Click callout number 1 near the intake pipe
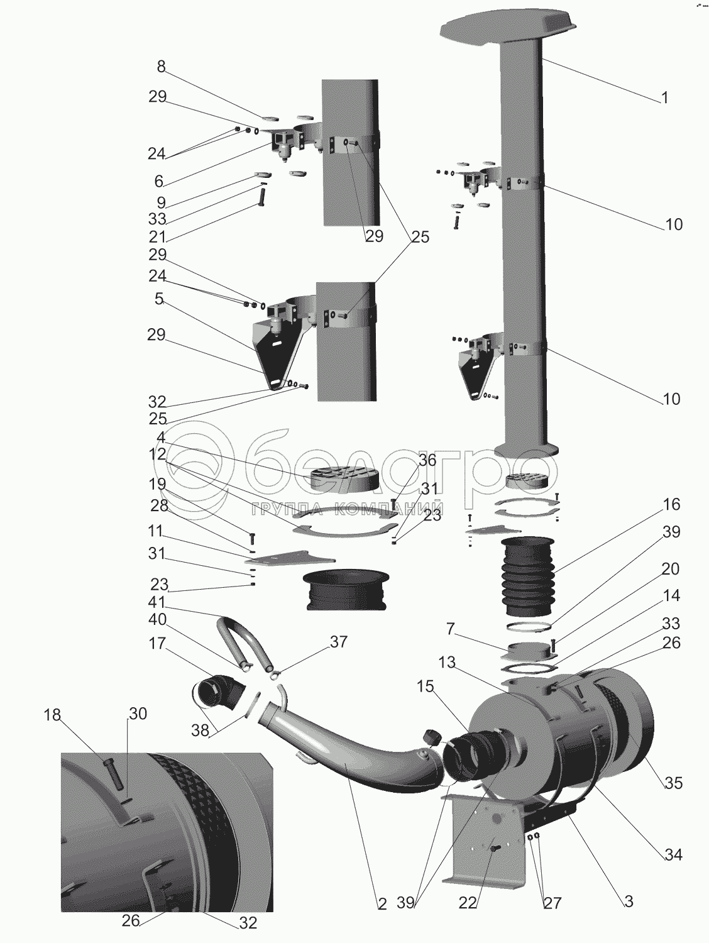[664, 98]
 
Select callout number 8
[161, 67]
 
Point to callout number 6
[159, 181]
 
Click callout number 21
[158, 237]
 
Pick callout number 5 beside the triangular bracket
[159, 299]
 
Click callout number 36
[427, 461]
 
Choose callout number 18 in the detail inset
[52, 715]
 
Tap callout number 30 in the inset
[138, 714]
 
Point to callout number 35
[673, 783]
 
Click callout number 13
[447, 662]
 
